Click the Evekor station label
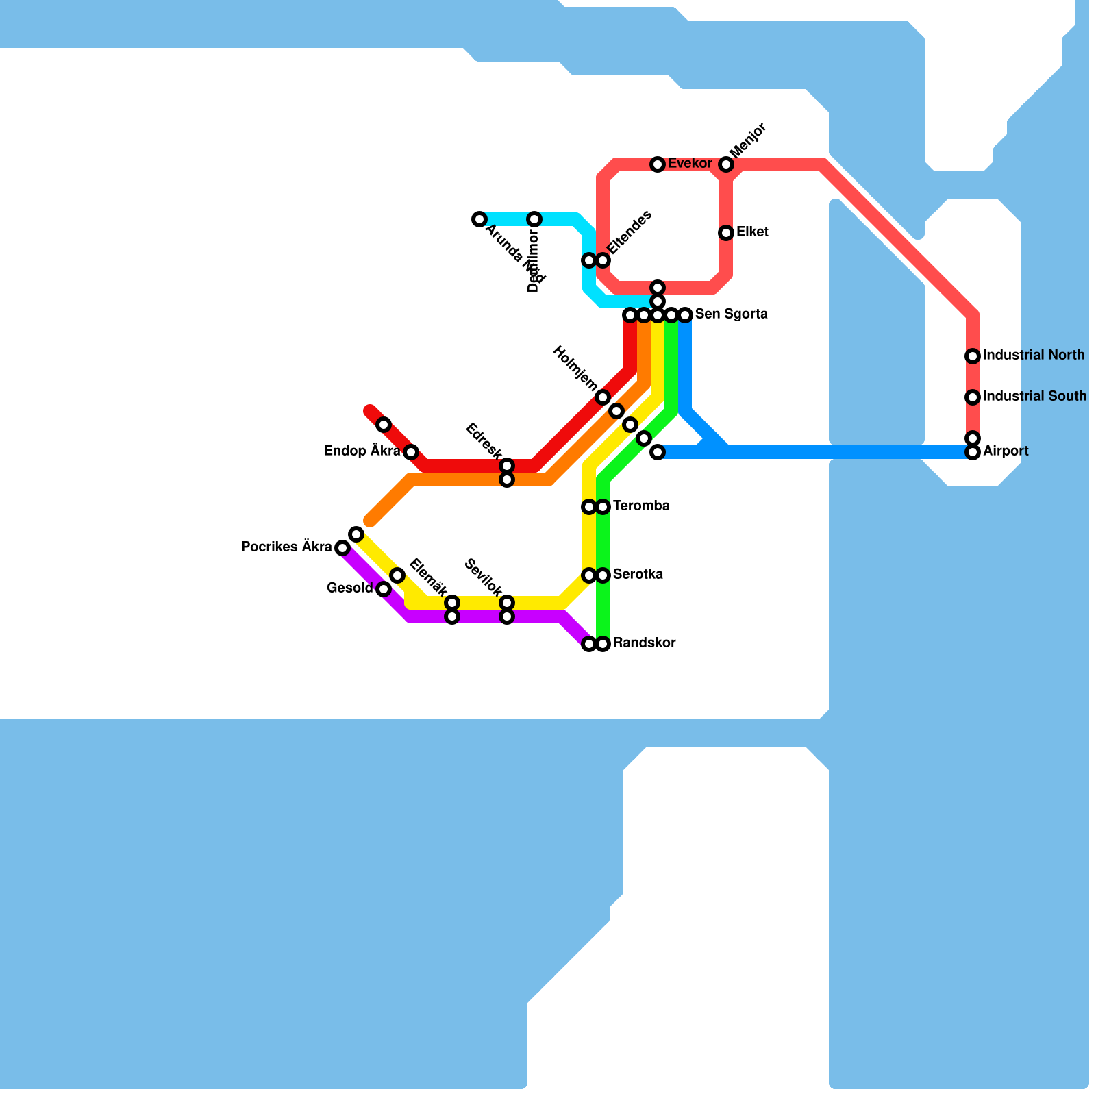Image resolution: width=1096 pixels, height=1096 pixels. tap(690, 164)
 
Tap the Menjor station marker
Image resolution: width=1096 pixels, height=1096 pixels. tap(726, 164)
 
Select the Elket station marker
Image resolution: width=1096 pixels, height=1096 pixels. tap(726, 233)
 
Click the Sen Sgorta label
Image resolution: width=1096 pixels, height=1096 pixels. tap(731, 314)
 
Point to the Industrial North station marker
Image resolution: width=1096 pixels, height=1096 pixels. tap(973, 356)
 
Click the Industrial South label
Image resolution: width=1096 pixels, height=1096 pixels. tap(1034, 397)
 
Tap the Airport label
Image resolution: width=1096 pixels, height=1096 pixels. tap(1006, 451)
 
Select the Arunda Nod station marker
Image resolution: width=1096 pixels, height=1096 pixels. tap(480, 219)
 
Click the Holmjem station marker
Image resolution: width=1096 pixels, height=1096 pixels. tap(603, 397)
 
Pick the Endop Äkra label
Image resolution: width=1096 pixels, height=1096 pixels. tap(362, 451)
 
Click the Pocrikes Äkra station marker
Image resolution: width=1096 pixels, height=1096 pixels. tap(342, 548)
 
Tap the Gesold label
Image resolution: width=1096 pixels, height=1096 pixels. tap(349, 588)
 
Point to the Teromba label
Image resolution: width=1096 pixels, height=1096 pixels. tap(641, 506)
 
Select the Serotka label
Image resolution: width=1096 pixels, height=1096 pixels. tap(638, 575)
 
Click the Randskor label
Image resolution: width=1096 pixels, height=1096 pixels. tap(644, 643)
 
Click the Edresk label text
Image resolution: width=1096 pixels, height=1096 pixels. tap(484, 441)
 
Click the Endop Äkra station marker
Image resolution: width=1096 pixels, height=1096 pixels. tap(411, 452)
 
